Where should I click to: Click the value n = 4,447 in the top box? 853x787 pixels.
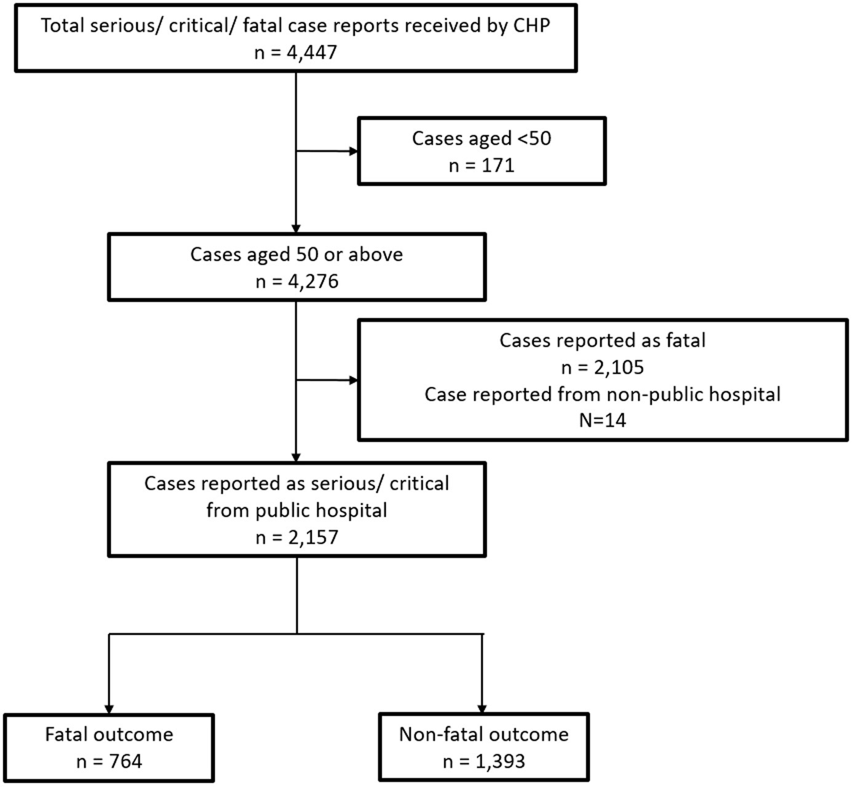pyautogui.click(x=296, y=52)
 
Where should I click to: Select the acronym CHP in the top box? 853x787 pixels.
pyautogui.click(x=531, y=25)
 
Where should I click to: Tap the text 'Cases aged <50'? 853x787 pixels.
pyautogui.click(x=482, y=138)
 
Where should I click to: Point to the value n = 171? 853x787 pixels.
pyautogui.click(x=482, y=166)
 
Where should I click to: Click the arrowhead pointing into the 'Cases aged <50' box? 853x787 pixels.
pyautogui.click(x=354, y=151)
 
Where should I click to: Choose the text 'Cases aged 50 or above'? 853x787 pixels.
pyautogui.click(x=297, y=255)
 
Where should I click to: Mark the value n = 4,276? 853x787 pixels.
pyautogui.click(x=297, y=282)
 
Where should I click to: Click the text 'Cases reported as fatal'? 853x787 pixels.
pyautogui.click(x=603, y=340)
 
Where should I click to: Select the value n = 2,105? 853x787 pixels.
pyautogui.click(x=603, y=367)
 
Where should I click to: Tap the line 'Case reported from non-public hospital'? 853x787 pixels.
pyautogui.click(x=603, y=394)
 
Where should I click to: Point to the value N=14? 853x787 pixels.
pyautogui.click(x=603, y=420)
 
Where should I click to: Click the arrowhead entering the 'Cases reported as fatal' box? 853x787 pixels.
pyautogui.click(x=354, y=380)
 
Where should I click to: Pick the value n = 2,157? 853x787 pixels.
pyautogui.click(x=297, y=537)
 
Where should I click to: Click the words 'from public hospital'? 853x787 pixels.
pyautogui.click(x=297, y=511)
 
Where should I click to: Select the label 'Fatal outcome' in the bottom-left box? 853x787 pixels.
pyautogui.click(x=109, y=734)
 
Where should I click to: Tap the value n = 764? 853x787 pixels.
pyautogui.click(x=109, y=761)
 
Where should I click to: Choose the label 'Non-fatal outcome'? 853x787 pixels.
pyautogui.click(x=483, y=734)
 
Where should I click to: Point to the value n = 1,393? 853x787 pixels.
pyautogui.click(x=483, y=761)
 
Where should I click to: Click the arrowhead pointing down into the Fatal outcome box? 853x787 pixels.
pyautogui.click(x=109, y=709)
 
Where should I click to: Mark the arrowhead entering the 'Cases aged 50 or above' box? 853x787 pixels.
pyautogui.click(x=296, y=229)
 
